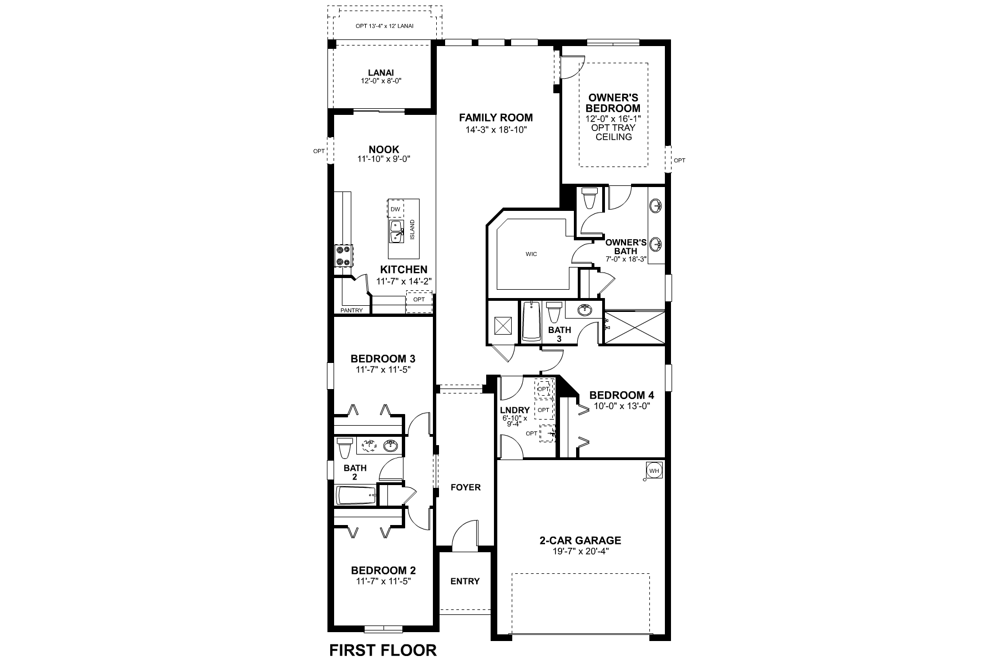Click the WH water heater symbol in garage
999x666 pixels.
(x=654, y=471)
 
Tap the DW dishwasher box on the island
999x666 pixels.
(x=395, y=209)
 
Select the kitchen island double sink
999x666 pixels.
(x=396, y=232)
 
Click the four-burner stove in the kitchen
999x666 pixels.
(x=343, y=256)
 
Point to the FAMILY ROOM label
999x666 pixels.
(x=496, y=118)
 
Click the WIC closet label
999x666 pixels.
(x=531, y=254)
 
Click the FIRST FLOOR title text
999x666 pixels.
(x=383, y=650)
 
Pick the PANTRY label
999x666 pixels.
(x=351, y=310)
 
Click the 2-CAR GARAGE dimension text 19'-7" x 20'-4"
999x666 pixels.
(x=580, y=551)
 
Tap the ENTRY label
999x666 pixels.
(x=465, y=581)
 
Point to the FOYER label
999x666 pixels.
(x=465, y=487)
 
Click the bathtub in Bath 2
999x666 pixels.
(x=356, y=496)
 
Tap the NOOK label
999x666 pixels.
(x=384, y=149)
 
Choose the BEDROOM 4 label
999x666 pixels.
(x=622, y=395)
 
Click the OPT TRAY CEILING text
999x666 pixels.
(x=614, y=132)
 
